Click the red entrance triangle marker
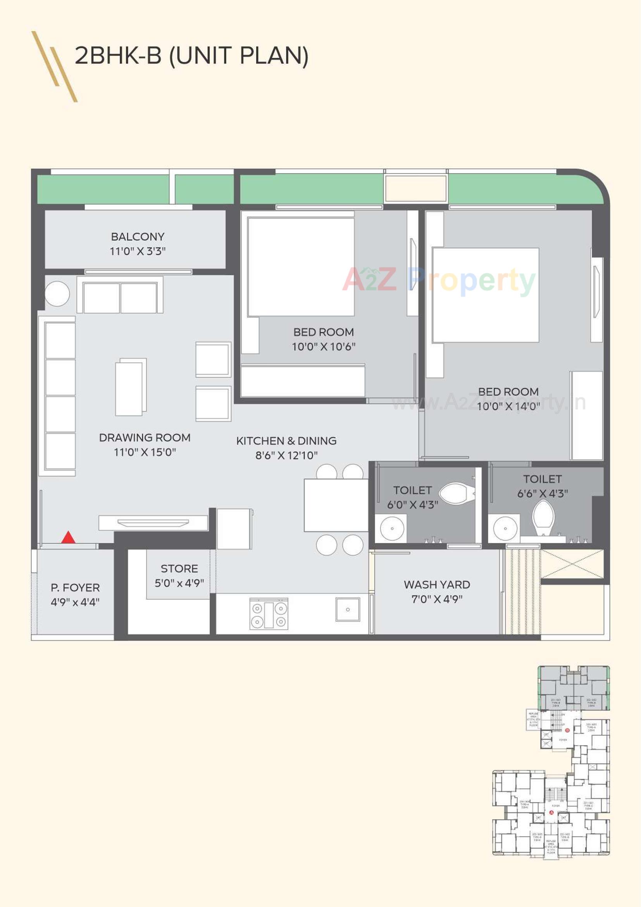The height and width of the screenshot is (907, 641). coord(68,537)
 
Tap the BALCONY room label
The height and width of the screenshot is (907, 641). coord(137,237)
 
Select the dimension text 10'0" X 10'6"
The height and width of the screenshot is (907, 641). coord(323,346)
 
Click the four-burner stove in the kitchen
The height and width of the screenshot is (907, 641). coord(269,614)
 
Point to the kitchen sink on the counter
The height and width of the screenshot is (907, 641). coord(347,609)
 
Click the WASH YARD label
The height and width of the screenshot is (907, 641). coord(436,585)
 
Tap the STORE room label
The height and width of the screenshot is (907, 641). coord(179,568)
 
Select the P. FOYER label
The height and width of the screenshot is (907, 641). coord(75,587)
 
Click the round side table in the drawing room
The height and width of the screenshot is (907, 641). coord(57,294)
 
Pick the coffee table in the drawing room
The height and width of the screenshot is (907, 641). coord(130,387)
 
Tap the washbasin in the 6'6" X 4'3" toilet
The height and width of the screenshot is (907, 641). coord(505,528)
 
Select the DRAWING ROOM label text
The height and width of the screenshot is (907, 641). coord(145,438)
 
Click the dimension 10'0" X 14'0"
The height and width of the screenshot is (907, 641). coord(508,407)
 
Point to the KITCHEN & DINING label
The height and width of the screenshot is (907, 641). coord(286,441)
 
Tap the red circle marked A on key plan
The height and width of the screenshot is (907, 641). coord(551,813)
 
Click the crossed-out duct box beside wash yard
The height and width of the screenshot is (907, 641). coord(572,564)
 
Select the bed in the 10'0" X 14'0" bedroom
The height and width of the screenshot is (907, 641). coord(486,295)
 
